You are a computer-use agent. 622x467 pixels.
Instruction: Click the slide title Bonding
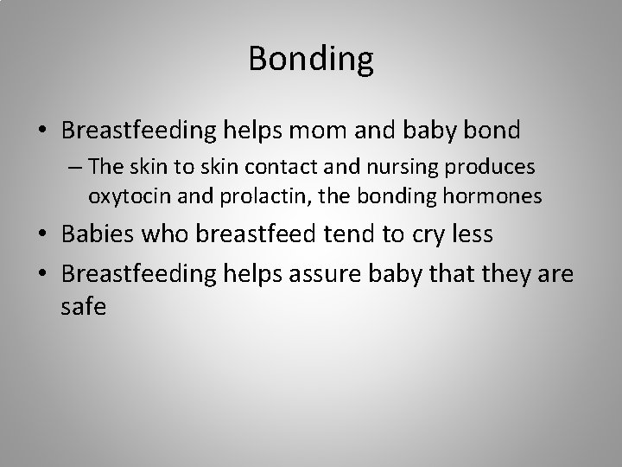311,59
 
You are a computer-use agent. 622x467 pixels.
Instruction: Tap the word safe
84,306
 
